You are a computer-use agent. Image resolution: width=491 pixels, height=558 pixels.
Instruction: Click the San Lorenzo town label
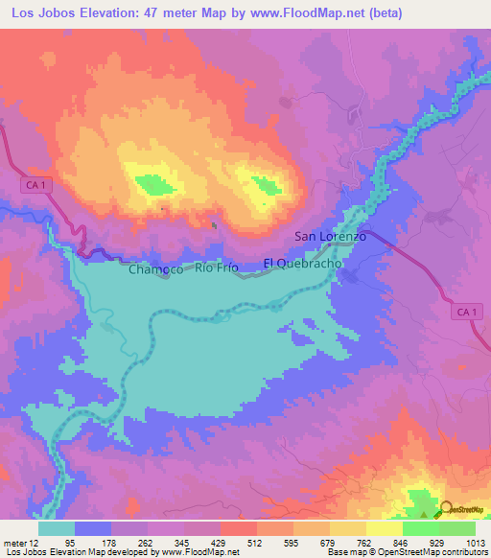(330, 236)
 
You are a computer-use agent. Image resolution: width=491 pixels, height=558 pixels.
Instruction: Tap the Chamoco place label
(155, 270)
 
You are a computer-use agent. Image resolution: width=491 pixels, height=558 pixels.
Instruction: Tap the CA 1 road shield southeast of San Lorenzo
(466, 312)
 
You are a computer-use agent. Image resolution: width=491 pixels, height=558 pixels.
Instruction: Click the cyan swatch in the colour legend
(57, 528)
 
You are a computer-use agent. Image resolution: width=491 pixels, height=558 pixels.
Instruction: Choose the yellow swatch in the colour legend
(385, 528)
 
